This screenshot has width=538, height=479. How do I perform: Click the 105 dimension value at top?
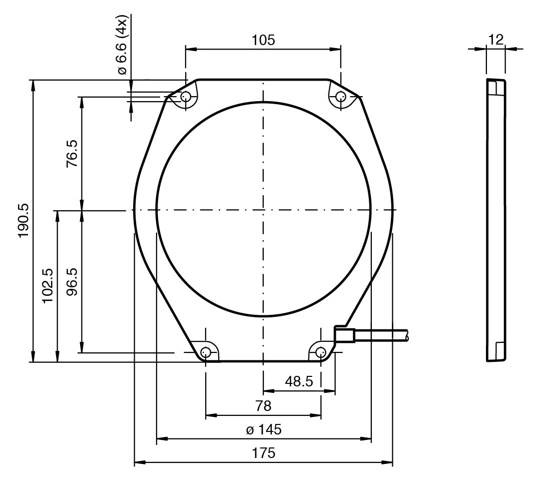pyautogui.click(x=264, y=41)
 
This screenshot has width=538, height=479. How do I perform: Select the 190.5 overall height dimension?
pyautogui.click(x=24, y=221)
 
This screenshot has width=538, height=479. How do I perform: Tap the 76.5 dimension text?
pyautogui.click(x=72, y=153)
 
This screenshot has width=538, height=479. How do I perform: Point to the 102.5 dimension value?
pyautogui.click(x=48, y=285)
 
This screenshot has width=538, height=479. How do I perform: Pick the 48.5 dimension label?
pyautogui.click(x=299, y=381)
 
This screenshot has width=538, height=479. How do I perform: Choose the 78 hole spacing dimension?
pyautogui.click(x=263, y=406)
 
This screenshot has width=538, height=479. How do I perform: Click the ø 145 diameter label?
pyautogui.click(x=264, y=429)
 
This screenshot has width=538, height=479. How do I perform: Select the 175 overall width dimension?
pyautogui.click(x=264, y=453)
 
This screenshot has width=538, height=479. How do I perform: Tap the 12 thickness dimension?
pyautogui.click(x=495, y=40)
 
